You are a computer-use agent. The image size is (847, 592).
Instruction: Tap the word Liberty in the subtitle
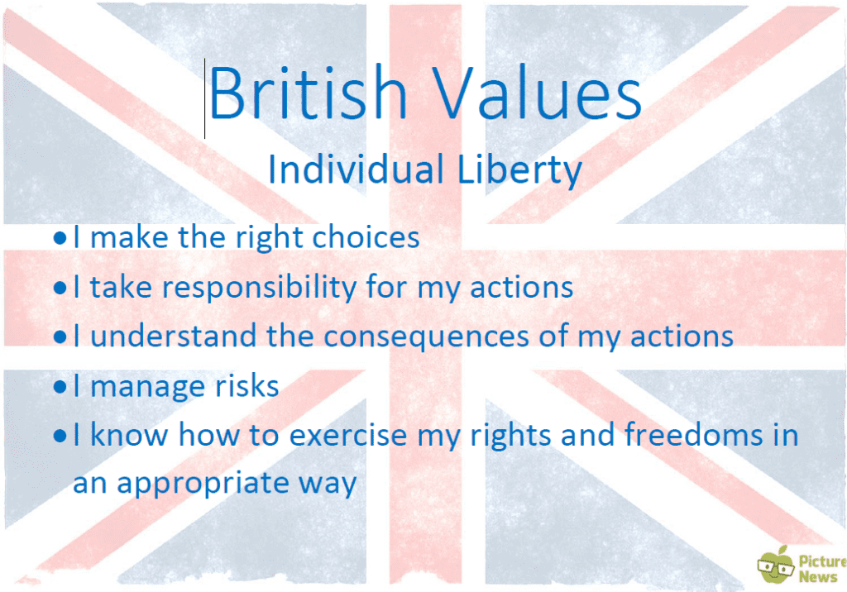(521, 170)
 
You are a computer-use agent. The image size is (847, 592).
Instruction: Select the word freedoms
(695, 435)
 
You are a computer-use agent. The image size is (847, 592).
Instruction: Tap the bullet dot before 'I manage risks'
(60, 386)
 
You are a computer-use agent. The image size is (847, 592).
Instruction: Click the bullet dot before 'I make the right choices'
(60, 239)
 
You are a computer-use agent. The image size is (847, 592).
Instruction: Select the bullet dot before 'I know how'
(60, 435)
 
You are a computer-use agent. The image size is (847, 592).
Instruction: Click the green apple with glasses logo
(774, 565)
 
